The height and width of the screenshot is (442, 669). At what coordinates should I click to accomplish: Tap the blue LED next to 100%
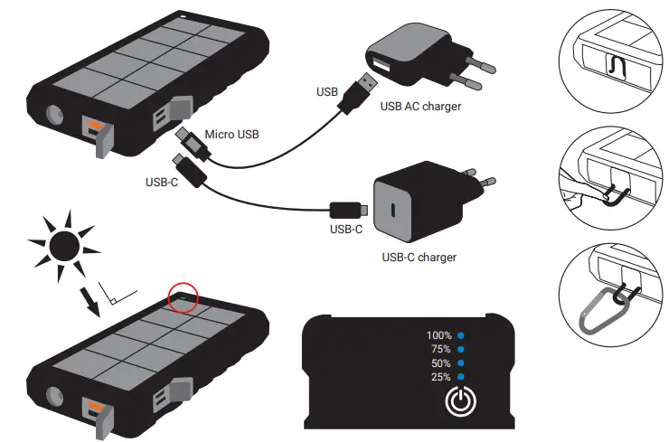tap(461, 335)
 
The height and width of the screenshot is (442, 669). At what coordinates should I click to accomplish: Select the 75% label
tap(439, 349)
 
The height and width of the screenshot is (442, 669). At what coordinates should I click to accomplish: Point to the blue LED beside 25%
tap(461, 376)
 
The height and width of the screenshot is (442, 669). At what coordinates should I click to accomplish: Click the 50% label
tap(439, 362)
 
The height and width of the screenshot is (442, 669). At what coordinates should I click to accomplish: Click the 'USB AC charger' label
tap(421, 107)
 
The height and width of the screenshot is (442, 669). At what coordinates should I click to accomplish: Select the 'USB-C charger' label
tap(419, 258)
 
